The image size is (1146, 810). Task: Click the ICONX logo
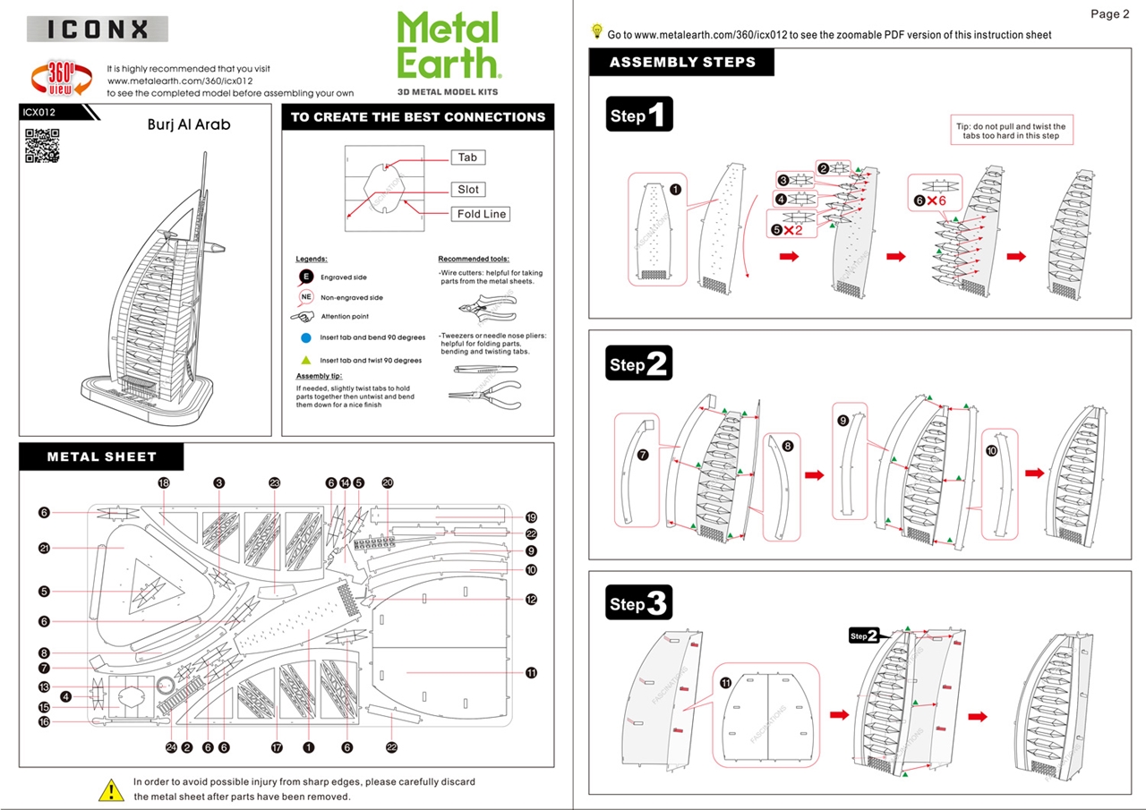click(x=98, y=29)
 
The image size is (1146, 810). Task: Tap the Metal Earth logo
click(x=448, y=47)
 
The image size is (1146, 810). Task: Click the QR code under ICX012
click(x=41, y=146)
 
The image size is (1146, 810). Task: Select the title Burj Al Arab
click(x=189, y=124)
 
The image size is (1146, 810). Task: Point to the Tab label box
click(x=467, y=158)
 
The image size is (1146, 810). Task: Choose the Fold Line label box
click(x=482, y=214)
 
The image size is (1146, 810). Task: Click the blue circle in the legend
click(x=304, y=338)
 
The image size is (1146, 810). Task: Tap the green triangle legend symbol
click(x=304, y=360)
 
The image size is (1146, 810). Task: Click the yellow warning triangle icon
click(x=111, y=789)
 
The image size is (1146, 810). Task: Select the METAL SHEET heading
click(x=102, y=456)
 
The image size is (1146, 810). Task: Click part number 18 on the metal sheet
click(x=164, y=482)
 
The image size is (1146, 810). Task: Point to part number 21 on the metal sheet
click(x=43, y=548)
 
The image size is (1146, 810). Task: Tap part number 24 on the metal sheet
click(x=170, y=746)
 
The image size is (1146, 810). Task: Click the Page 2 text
click(x=1109, y=13)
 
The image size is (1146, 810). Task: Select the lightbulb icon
click(x=597, y=31)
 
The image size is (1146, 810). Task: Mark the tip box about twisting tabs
click(x=1013, y=132)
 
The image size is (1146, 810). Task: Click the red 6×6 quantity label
click(x=930, y=200)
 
